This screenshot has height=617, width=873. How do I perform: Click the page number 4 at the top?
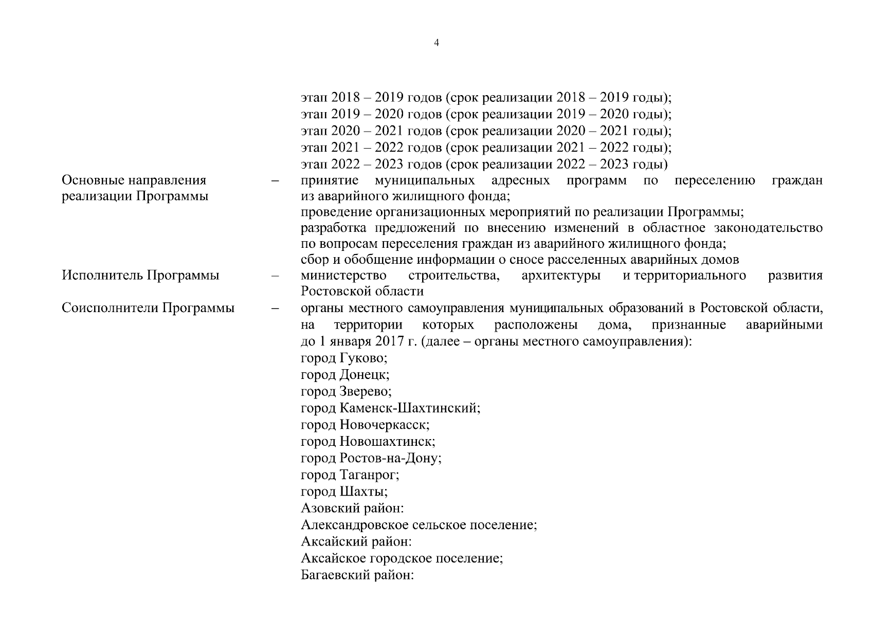coord(436,43)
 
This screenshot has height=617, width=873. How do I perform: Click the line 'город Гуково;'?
coord(343,358)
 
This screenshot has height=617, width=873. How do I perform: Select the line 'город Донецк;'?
coord(344,375)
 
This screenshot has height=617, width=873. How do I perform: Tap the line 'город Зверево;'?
coord(345,392)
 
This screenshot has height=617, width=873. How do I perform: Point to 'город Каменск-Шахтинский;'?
coord(390,409)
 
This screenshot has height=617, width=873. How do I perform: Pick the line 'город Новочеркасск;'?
coord(365,425)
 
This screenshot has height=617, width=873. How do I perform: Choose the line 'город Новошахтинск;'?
coord(368,442)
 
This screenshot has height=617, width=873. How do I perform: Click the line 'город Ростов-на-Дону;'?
coord(371,458)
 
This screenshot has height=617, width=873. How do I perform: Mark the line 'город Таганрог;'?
coord(350,475)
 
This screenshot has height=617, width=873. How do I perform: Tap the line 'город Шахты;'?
coord(344,492)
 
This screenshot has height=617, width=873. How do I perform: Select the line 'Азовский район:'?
coord(352,509)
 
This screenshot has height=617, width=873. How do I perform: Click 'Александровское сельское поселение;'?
coord(419,525)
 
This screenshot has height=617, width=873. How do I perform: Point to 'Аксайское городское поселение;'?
coord(402,558)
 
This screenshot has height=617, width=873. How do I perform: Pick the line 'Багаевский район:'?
coord(357,575)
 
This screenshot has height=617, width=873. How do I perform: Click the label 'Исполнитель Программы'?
coord(140,276)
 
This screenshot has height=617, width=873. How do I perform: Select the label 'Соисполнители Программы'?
coord(148,308)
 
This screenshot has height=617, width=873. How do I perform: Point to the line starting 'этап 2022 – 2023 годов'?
coord(484,165)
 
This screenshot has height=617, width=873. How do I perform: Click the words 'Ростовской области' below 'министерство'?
coord(362,292)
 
